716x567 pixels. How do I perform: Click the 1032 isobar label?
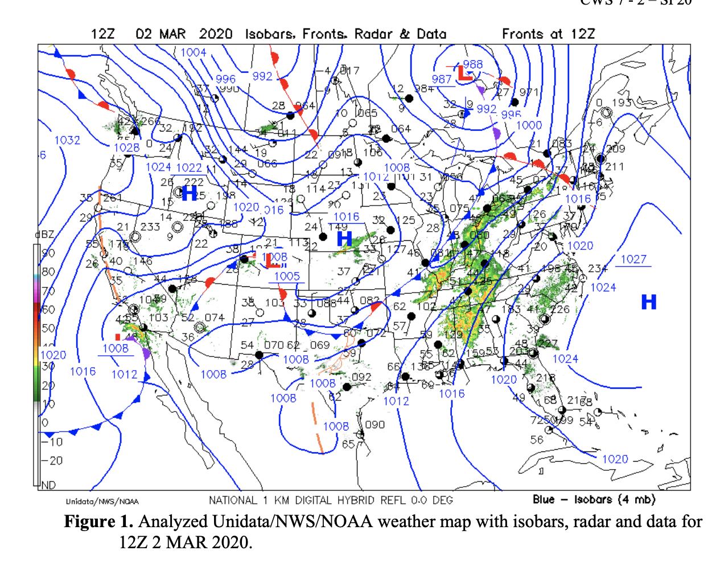(67, 140)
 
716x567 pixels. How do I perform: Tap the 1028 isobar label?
(126, 148)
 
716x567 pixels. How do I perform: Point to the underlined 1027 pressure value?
(633, 260)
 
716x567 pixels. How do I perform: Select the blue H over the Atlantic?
(649, 302)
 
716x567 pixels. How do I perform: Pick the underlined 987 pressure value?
(442, 80)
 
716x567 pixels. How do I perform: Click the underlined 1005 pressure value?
(287, 277)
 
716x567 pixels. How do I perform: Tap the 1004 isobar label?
(194, 52)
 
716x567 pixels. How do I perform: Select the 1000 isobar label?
(529, 125)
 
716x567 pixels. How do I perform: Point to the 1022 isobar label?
(189, 168)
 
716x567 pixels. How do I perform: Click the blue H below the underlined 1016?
(344, 239)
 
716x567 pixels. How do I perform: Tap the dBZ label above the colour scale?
(44, 235)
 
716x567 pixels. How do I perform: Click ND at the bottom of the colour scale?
(48, 485)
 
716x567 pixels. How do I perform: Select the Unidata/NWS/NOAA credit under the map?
(102, 502)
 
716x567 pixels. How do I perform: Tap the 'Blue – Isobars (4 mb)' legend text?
(594, 500)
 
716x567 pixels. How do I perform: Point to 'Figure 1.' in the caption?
(98, 521)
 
